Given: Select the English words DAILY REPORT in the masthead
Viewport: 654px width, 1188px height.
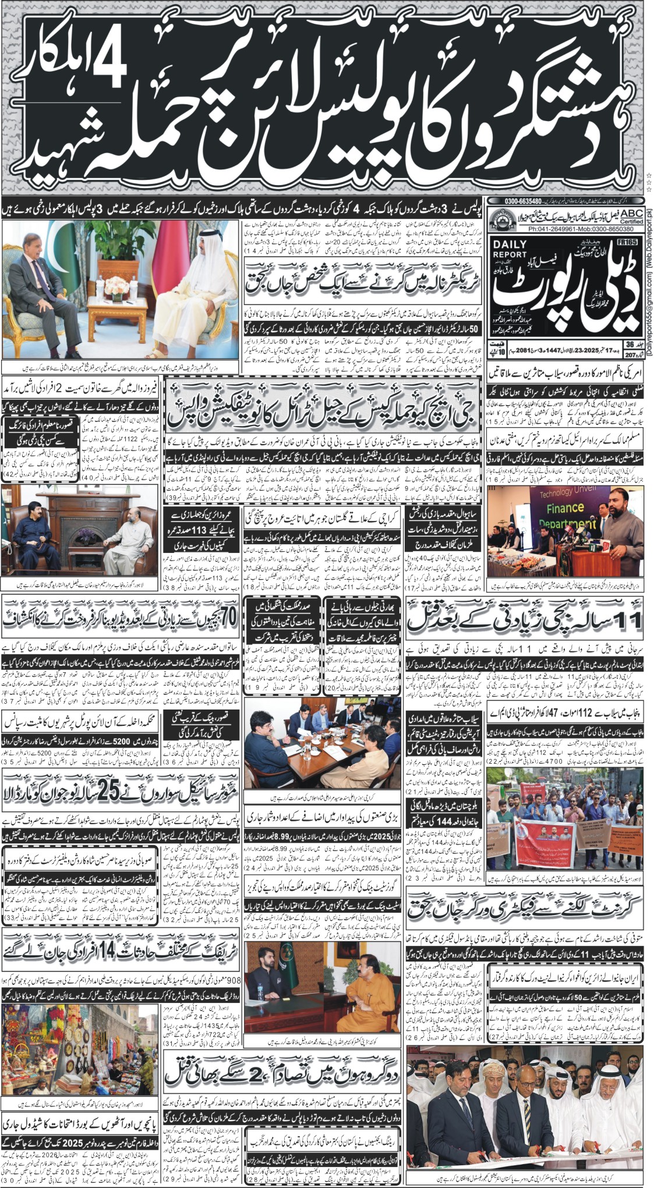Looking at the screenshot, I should tap(509, 250).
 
